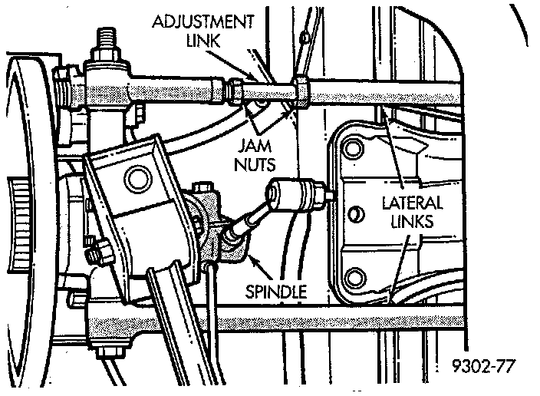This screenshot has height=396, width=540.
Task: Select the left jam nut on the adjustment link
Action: [237, 90]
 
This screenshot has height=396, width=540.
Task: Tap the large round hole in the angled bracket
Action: [138, 180]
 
